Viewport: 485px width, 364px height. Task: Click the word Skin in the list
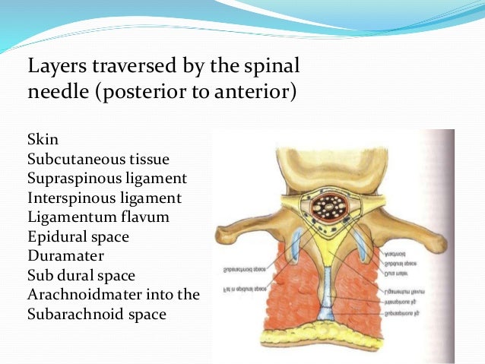point(43,141)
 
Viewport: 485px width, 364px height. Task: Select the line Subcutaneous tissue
point(98,160)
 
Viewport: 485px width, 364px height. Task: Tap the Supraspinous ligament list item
point(106,179)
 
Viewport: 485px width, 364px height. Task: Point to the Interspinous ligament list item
point(104,198)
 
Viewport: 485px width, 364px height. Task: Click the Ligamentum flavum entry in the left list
point(98,217)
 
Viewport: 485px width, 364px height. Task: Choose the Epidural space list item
point(78,236)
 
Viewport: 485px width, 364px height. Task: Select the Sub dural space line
point(84,274)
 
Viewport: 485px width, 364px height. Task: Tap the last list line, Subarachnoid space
point(96,313)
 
